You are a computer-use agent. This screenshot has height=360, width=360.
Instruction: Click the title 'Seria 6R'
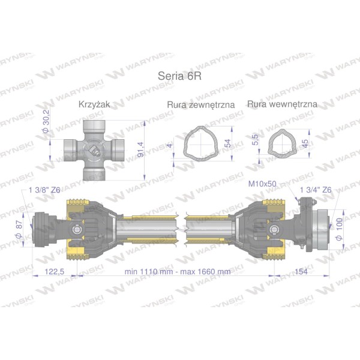point(179,76)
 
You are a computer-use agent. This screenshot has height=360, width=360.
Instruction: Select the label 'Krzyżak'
point(94,104)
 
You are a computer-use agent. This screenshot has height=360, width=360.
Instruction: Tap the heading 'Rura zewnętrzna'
point(201,104)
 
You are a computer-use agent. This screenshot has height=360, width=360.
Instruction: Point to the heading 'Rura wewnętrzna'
point(282,104)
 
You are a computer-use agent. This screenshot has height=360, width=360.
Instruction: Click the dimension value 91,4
point(140,149)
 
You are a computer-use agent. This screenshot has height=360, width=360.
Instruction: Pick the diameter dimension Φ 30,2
point(46,121)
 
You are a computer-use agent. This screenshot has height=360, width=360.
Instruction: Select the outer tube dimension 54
point(228,143)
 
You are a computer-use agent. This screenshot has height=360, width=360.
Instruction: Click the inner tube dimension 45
point(305,143)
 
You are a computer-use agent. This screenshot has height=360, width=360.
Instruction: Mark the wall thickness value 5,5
point(255,140)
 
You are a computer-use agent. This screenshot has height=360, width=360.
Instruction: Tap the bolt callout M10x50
point(262,184)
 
